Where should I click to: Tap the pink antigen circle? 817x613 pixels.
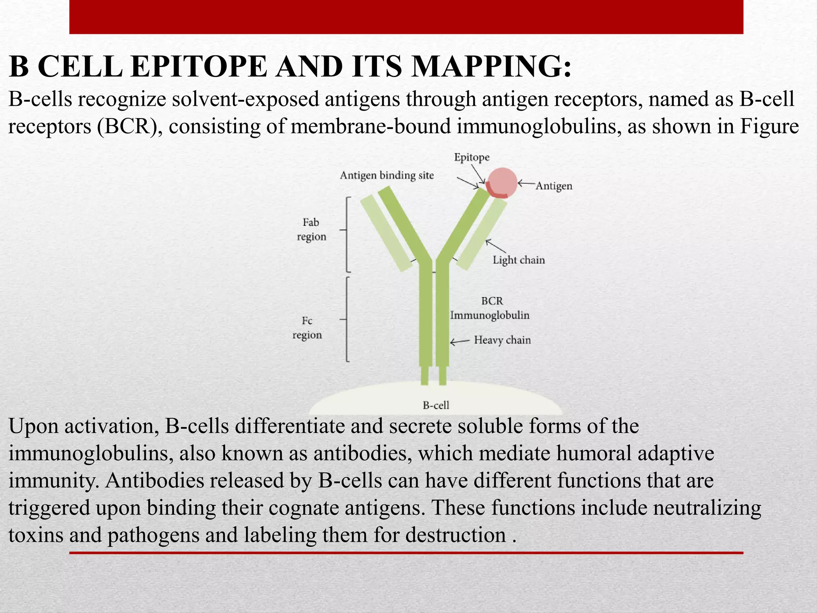point(502,182)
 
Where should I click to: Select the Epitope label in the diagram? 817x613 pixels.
point(472,158)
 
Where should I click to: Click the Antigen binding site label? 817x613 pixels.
point(387,176)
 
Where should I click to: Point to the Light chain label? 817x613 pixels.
point(519,260)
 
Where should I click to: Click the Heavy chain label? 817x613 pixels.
point(502,340)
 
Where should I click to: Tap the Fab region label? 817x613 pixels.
point(311,229)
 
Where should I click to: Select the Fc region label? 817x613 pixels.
point(307,328)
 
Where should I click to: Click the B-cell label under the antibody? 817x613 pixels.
point(436,405)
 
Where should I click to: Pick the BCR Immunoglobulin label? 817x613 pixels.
point(490,308)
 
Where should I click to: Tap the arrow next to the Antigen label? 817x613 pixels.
point(526,184)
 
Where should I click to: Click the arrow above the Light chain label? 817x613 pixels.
point(495,246)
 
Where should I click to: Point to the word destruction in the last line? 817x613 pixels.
point(456,535)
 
